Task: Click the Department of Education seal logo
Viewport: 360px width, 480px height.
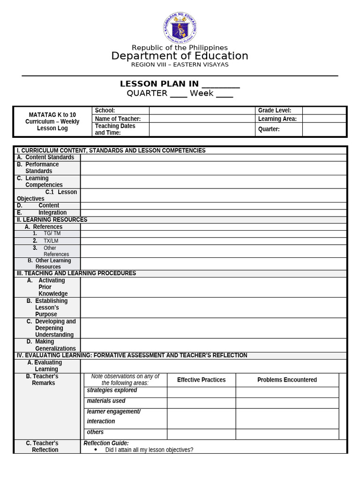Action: (x=180, y=28)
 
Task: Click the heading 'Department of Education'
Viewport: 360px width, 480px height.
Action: (x=180, y=56)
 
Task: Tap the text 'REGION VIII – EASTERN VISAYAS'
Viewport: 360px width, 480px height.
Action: (x=180, y=65)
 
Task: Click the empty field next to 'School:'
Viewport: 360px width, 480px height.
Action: (x=202, y=111)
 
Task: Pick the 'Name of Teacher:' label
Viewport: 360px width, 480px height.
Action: (x=118, y=119)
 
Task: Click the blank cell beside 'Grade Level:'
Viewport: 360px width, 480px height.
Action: (x=324, y=111)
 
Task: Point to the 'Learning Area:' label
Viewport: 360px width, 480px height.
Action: (x=277, y=119)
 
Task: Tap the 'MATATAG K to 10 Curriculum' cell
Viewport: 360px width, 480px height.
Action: (x=52, y=121)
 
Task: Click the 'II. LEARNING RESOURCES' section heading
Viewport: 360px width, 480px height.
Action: (x=52, y=220)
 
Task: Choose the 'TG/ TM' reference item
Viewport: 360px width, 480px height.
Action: (x=52, y=233)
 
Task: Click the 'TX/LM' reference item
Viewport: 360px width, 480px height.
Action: (x=51, y=241)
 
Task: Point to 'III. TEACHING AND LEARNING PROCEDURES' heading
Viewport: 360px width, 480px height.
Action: (x=76, y=273)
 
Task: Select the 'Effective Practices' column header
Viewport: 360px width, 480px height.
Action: (x=201, y=380)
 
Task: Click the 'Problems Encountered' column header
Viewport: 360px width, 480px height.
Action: (x=287, y=380)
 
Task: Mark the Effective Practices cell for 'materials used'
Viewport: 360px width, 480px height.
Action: (x=201, y=403)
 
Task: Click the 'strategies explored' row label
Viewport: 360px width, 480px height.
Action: (x=112, y=390)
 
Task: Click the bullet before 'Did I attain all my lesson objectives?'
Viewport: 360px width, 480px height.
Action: (x=96, y=450)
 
